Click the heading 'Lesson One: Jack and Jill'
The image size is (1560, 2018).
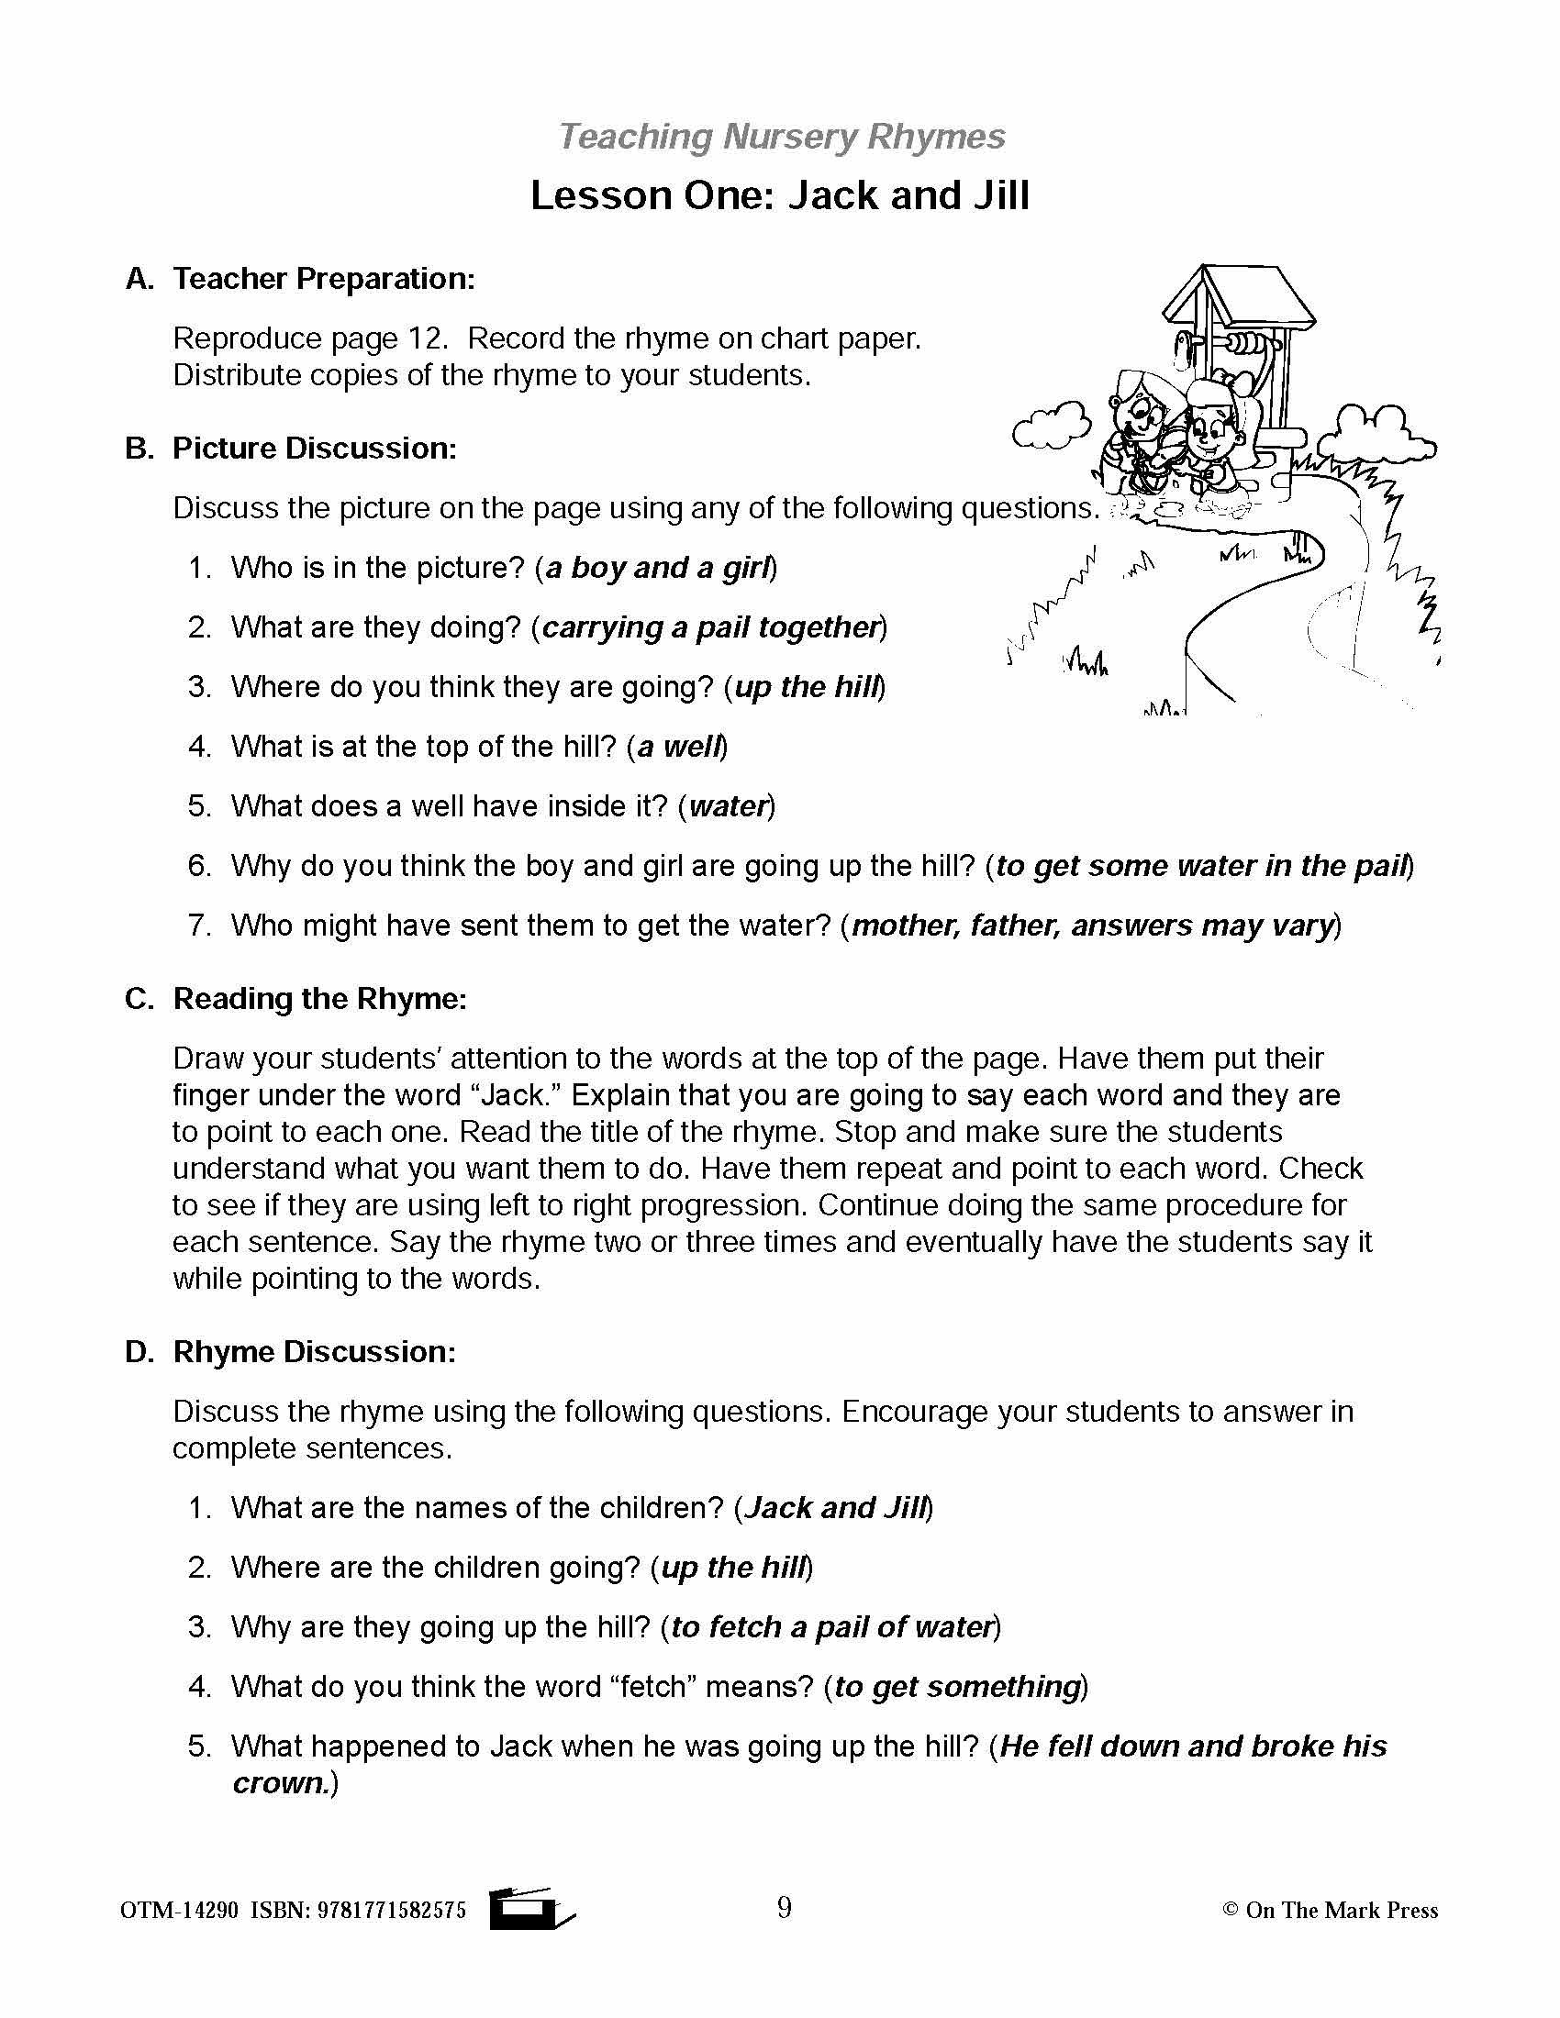[779, 196]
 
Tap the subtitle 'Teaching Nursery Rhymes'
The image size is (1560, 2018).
[781, 137]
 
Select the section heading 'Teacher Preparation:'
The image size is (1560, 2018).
[323, 279]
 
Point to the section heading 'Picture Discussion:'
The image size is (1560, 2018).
[314, 449]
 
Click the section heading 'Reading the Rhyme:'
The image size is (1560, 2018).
[319, 999]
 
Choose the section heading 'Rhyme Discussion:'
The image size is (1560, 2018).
[314, 1352]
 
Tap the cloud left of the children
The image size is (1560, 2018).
[1051, 427]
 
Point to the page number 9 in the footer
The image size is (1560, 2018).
[784, 1908]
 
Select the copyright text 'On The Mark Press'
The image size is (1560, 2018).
[1341, 1911]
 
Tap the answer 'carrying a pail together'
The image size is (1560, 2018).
[708, 627]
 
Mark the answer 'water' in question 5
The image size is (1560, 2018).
[728, 806]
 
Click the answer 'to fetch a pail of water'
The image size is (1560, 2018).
[830, 1627]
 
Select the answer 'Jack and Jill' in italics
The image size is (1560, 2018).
[834, 1508]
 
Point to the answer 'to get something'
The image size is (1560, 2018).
[956, 1687]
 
